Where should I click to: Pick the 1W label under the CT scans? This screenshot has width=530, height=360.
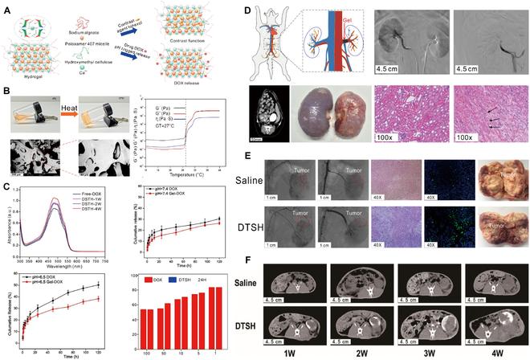point(308,351)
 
